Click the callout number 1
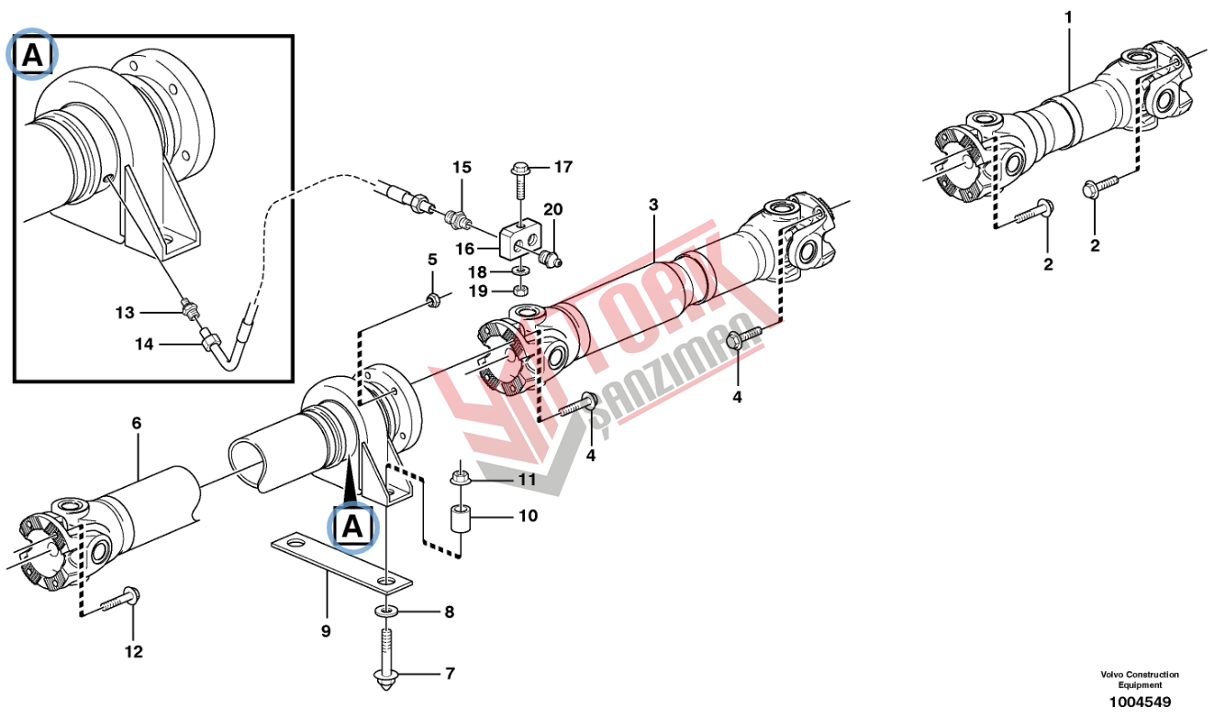(1068, 18)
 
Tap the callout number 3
(653, 205)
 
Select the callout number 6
(136, 423)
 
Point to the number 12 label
(134, 651)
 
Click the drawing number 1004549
(1140, 702)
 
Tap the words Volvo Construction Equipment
(1140, 680)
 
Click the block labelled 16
(519, 240)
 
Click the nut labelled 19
(521, 291)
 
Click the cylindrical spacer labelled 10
(460, 520)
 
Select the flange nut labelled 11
(460, 479)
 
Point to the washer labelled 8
(385, 611)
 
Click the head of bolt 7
(385, 678)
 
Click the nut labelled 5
(433, 299)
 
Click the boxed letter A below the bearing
(352, 525)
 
